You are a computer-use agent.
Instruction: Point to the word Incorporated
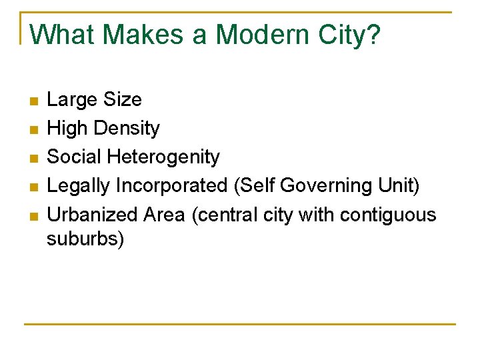tap(172, 186)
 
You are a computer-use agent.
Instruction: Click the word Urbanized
tap(91, 215)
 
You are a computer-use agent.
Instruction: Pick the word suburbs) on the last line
tap(85, 239)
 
